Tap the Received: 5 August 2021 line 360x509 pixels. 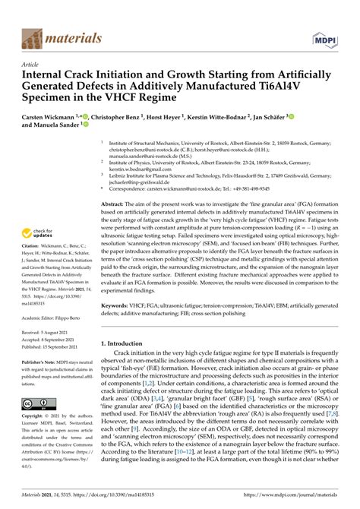pos(50,354)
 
